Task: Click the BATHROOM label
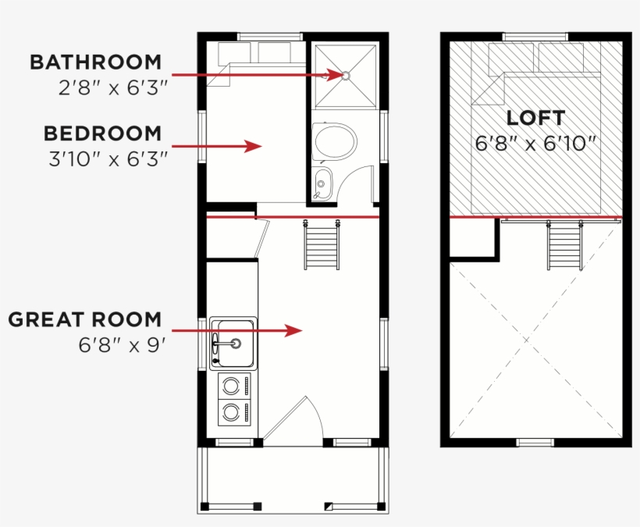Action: click(95, 62)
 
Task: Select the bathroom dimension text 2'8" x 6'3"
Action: click(113, 87)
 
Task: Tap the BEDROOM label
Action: click(102, 134)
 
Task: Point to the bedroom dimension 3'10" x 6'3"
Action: click(108, 158)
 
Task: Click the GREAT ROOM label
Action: click(85, 319)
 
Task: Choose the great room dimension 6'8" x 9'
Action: click(122, 345)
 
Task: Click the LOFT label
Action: click(536, 118)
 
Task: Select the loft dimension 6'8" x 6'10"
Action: click(535, 144)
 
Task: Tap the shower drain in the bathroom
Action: click(346, 76)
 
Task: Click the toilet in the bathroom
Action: click(334, 141)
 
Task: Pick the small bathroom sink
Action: click(322, 183)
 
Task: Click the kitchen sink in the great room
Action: click(233, 344)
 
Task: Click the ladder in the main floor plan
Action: click(322, 245)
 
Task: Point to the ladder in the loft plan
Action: click(565, 245)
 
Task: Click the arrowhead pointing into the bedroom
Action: click(254, 146)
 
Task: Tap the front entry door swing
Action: click(292, 422)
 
